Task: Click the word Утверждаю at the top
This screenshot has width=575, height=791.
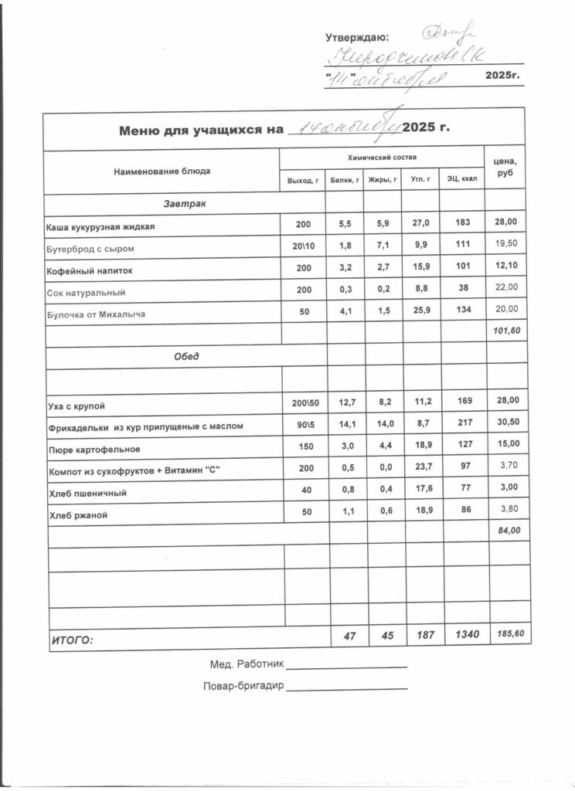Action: tap(357, 37)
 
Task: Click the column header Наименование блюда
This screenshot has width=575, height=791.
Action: tap(162, 171)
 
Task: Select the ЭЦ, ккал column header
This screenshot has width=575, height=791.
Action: tap(462, 180)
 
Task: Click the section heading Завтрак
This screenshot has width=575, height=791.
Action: tap(183, 204)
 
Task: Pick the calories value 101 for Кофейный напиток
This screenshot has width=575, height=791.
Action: tap(462, 270)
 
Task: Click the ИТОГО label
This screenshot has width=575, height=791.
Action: tap(72, 640)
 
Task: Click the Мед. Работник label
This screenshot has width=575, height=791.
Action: tap(247, 664)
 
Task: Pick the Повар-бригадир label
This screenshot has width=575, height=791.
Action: tap(243, 686)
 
